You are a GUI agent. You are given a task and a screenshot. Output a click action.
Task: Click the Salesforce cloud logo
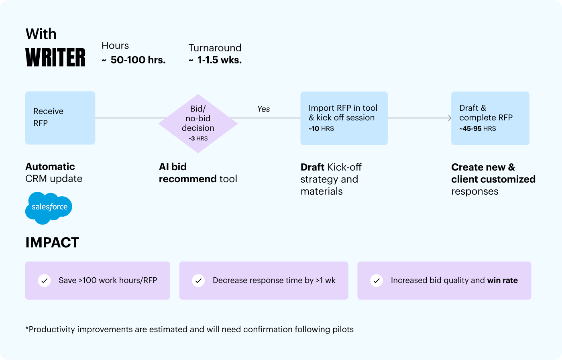pos(49,208)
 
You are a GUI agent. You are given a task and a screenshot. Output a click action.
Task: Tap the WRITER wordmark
pos(55,57)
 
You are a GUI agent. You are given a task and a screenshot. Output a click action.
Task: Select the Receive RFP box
pos(60,118)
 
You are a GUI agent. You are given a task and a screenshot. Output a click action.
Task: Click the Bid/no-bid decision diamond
pos(198,124)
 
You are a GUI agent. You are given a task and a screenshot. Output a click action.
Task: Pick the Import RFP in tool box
pos(344,118)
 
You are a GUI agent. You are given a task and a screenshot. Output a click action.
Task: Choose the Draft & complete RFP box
pos(490,118)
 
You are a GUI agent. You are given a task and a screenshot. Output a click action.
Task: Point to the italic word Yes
pos(263,109)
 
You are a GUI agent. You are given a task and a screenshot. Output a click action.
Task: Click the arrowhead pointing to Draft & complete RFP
pos(450,118)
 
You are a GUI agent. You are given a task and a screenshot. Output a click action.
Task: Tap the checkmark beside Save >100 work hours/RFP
pos(45,281)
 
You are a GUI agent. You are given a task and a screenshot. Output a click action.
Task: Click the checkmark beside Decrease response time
pos(198,281)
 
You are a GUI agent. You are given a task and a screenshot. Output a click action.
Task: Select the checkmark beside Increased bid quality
pos(377,281)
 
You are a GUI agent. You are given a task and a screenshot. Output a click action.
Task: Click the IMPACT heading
pos(52,242)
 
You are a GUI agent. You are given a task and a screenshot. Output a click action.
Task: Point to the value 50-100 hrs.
pos(138,60)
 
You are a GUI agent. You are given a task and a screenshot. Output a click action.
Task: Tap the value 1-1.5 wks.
pos(219,60)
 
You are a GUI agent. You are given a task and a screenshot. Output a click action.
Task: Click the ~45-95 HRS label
pos(477,129)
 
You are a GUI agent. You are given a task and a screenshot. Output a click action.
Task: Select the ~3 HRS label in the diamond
pos(198,138)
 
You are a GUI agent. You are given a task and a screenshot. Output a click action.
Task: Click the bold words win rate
pos(502,280)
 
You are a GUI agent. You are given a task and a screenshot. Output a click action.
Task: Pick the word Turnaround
pos(215,48)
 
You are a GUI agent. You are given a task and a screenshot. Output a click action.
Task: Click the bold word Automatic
pos(50,167)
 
